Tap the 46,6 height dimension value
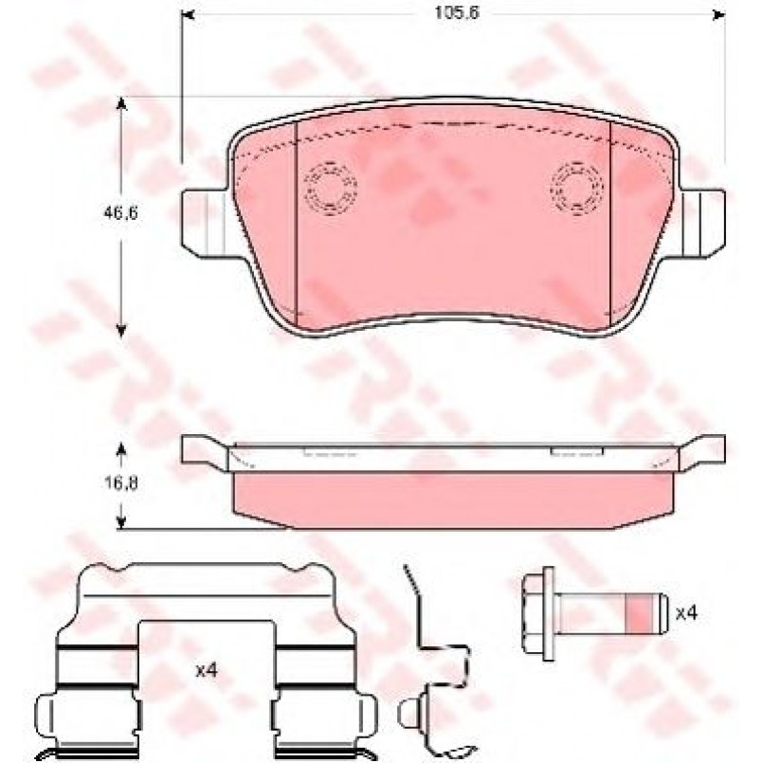120,212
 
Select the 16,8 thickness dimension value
120,482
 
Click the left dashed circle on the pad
331,188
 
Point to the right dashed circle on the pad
576,188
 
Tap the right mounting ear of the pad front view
702,222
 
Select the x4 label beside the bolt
686,613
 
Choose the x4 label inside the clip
207,671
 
